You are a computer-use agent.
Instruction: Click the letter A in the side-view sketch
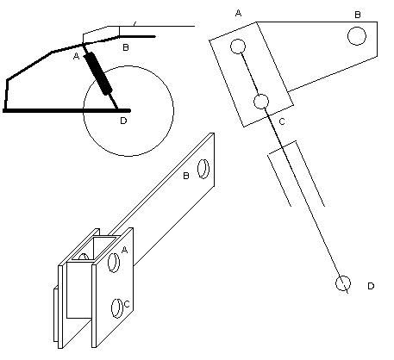[x=76, y=56]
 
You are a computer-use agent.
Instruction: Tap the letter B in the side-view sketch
[x=126, y=47]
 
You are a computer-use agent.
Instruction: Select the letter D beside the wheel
[x=123, y=121]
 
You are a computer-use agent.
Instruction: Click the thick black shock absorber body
[x=98, y=74]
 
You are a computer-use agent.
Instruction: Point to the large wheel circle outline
[x=84, y=111]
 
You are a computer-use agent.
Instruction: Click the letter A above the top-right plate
[x=238, y=13]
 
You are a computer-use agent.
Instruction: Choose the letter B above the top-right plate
[x=358, y=15]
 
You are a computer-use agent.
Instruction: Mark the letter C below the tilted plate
[x=282, y=121]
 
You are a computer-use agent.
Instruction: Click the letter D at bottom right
[x=371, y=286]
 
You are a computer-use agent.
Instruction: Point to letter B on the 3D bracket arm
[x=186, y=176]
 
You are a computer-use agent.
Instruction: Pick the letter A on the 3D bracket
[x=124, y=250]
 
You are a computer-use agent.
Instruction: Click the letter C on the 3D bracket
[x=127, y=304]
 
